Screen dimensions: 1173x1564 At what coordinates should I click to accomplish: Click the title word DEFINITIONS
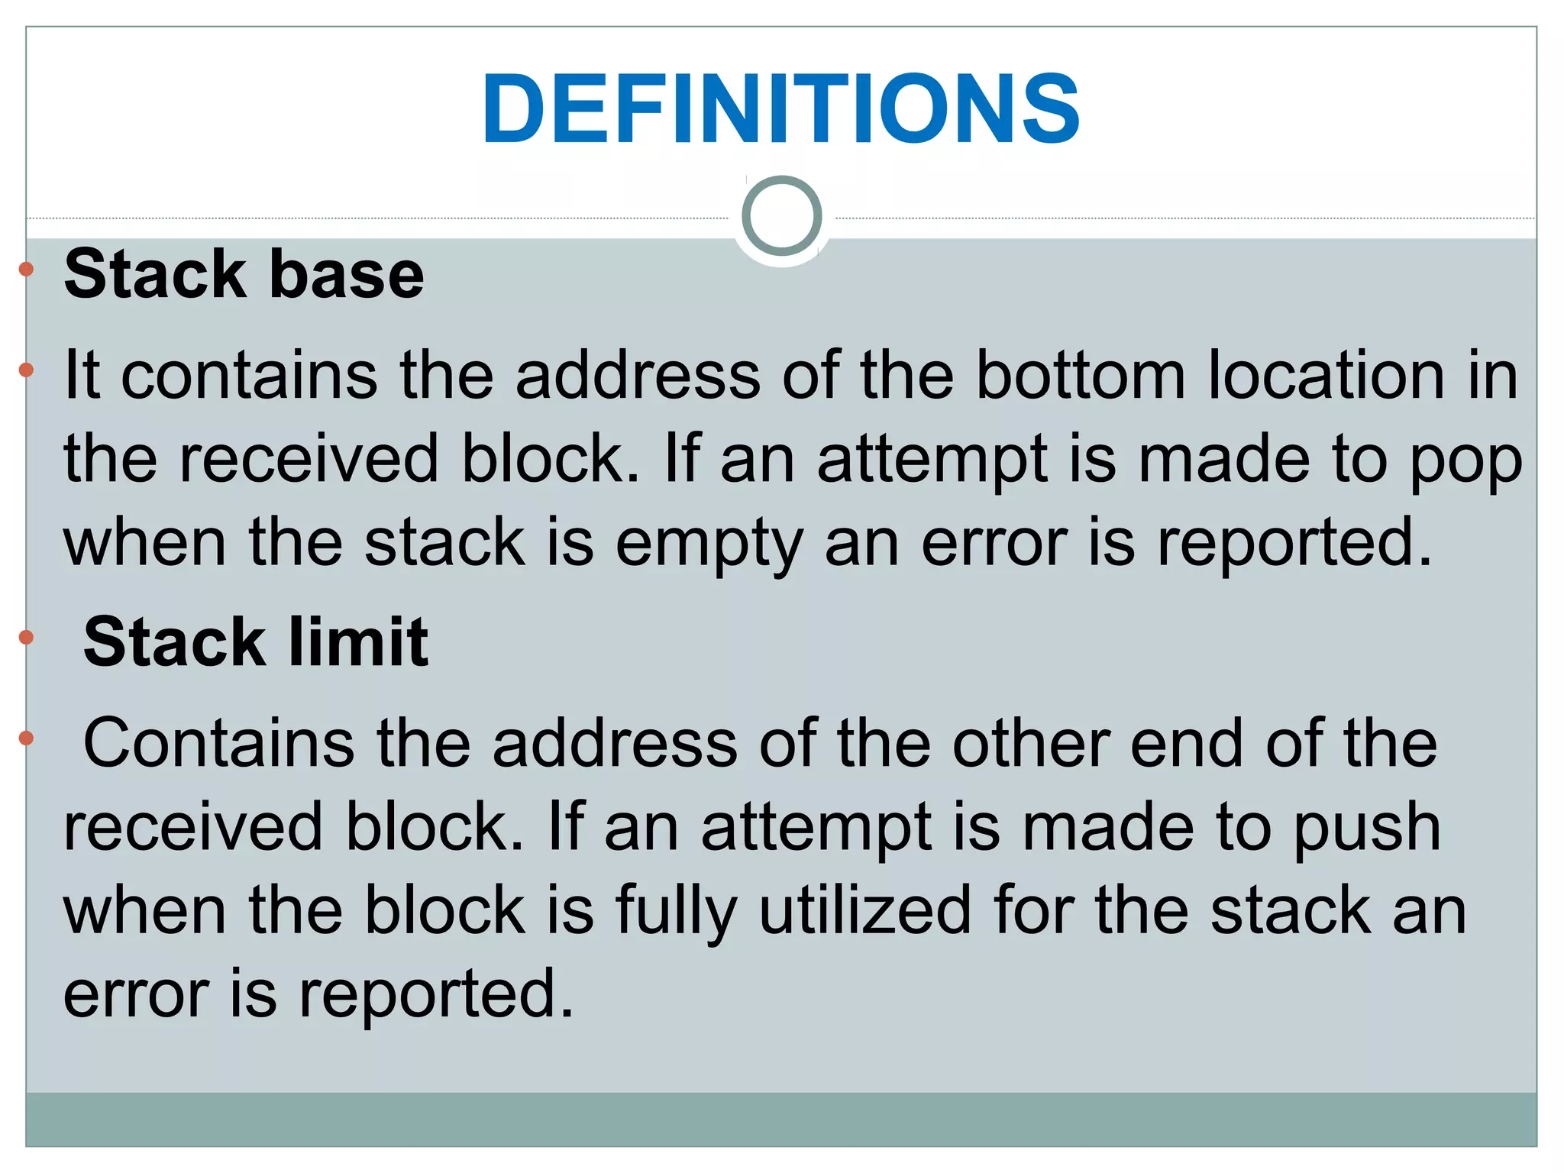click(780, 108)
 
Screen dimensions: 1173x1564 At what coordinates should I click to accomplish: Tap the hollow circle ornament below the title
click(781, 215)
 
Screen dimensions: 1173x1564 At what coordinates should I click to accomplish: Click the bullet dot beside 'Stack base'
click(27, 269)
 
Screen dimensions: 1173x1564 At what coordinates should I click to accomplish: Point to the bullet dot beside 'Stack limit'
click(27, 638)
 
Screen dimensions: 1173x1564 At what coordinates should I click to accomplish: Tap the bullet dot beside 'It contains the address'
click(27, 370)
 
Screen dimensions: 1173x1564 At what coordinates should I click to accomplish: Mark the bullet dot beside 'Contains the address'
click(27, 738)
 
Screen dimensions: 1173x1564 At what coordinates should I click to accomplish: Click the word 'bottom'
click(1081, 375)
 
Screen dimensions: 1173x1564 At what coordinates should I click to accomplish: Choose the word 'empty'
click(709, 544)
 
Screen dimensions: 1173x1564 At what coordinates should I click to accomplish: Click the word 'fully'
click(677, 912)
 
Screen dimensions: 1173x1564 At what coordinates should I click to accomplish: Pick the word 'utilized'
click(864, 910)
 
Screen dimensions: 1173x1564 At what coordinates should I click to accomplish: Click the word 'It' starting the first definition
click(82, 375)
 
